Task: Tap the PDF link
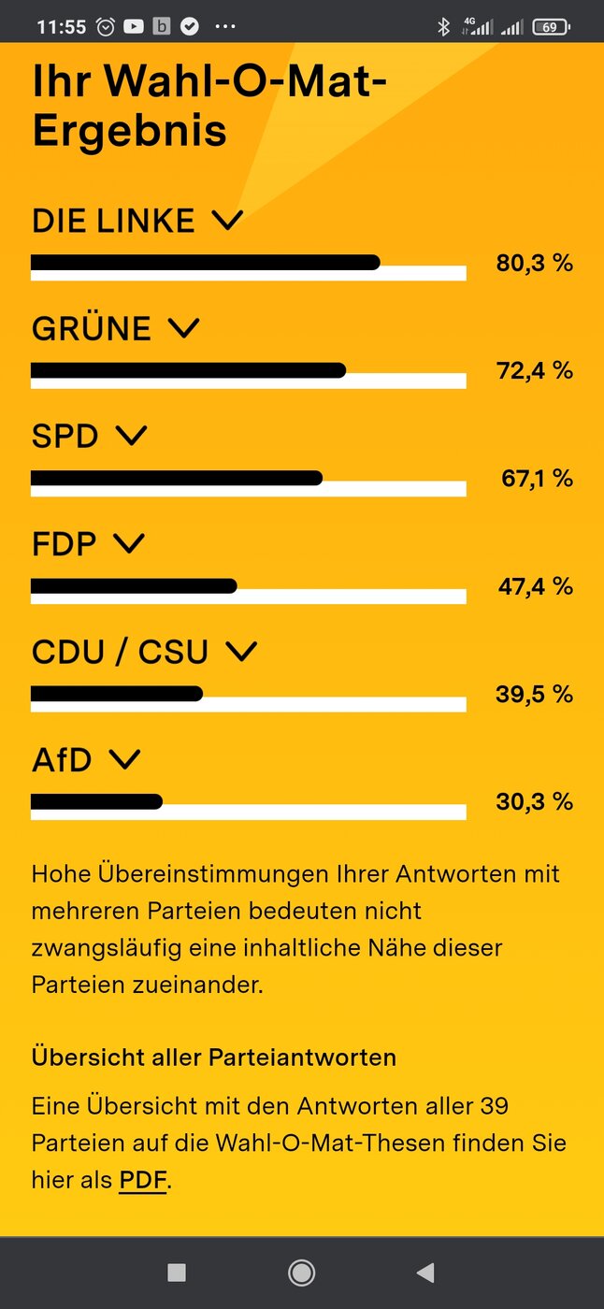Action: click(x=143, y=1180)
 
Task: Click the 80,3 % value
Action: click(x=535, y=263)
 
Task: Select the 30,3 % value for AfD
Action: click(x=535, y=801)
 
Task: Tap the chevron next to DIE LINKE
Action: click(x=227, y=221)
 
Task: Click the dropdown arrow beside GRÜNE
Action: click(x=184, y=328)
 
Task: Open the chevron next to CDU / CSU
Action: click(x=241, y=652)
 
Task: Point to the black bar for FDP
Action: click(x=134, y=586)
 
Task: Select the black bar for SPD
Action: click(x=177, y=478)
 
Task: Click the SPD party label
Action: click(x=65, y=436)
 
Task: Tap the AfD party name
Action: click(x=62, y=759)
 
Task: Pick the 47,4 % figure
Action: click(x=536, y=586)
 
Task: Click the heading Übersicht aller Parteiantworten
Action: click(x=214, y=1057)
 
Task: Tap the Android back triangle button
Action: click(x=425, y=1273)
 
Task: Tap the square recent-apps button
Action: click(x=177, y=1273)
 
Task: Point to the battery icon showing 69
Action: click(x=551, y=27)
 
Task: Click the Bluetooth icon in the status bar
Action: click(x=444, y=26)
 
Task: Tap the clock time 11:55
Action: click(x=62, y=27)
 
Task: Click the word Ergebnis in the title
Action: click(x=130, y=131)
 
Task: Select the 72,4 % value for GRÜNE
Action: click(x=535, y=370)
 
